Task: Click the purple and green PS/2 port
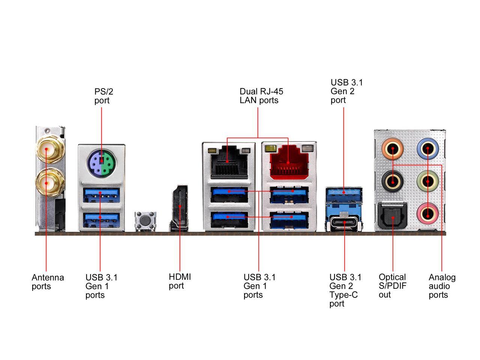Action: point(102,163)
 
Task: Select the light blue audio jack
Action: point(428,149)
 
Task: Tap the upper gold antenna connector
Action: point(46,150)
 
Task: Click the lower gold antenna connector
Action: point(46,183)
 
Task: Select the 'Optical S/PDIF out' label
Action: point(393,286)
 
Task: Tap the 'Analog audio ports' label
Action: point(442,286)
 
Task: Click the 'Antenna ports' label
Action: point(48,282)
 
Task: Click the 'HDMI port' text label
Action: point(180,281)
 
